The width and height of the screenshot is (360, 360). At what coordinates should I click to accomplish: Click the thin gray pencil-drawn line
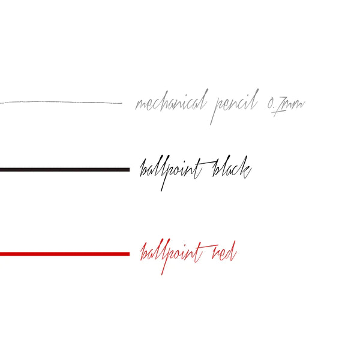pos(60,103)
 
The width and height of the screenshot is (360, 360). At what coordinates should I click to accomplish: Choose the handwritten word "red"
pos(224,253)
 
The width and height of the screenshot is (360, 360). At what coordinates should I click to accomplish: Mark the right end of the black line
pos(128,170)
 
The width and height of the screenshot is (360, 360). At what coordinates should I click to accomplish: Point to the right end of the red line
pos(128,254)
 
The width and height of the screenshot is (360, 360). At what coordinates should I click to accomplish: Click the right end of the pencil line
pos(121,103)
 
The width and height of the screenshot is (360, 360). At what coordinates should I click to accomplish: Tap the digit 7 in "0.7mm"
pos(277,108)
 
